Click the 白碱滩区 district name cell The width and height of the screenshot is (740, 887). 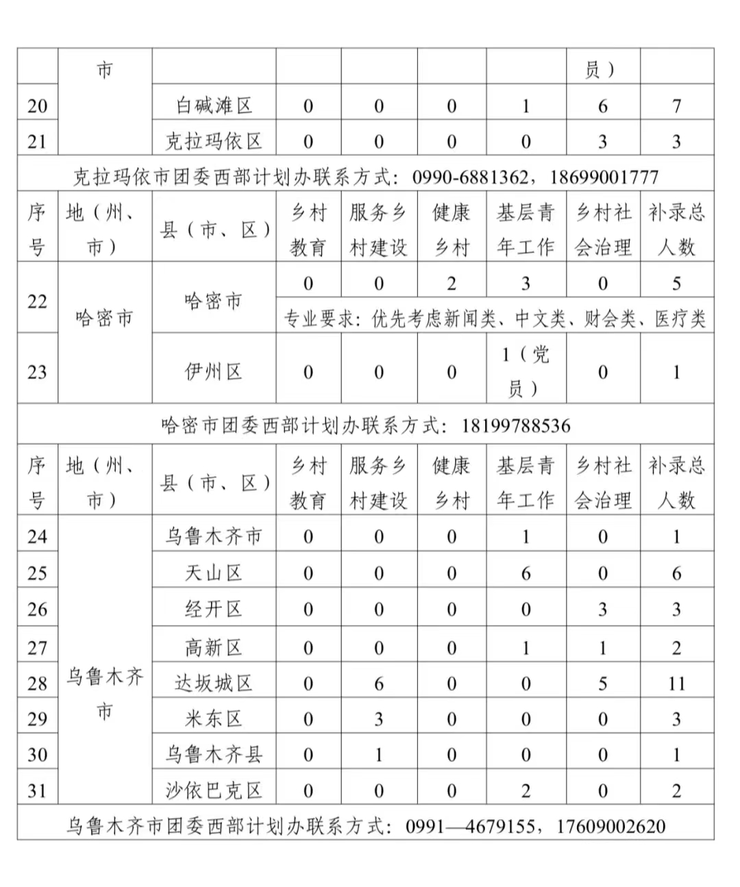pos(214,105)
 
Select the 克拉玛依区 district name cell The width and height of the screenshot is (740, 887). pos(214,141)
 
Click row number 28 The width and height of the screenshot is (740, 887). pos(37,683)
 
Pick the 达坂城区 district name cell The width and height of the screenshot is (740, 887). pos(214,683)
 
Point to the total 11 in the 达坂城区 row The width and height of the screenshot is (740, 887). pos(676,683)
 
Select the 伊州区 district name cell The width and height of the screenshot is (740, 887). pos(214,372)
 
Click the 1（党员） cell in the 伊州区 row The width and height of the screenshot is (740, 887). pos(526,371)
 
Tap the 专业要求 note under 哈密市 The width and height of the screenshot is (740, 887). pos(495,318)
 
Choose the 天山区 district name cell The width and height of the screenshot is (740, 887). pos(214,573)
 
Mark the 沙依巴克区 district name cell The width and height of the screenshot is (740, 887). pos(214,790)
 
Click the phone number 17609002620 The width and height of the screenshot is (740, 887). pos(610,826)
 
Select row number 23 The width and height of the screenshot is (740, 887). pos(37,372)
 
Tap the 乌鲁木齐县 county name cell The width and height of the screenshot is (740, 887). pos(214,755)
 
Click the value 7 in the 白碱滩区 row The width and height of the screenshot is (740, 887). pos(676,105)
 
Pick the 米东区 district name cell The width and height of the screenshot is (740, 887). pos(214,719)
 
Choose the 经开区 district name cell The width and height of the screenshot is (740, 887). pos(214,609)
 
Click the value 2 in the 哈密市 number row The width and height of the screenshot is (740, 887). pos(452,283)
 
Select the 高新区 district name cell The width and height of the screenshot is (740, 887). pos(214,647)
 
